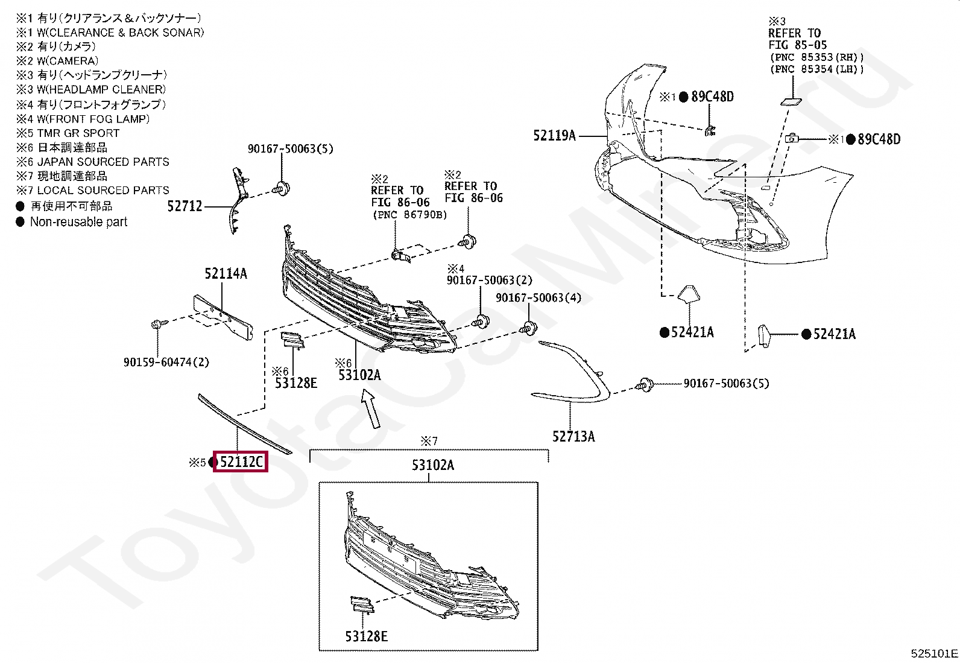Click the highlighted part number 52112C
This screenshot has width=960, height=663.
(241, 462)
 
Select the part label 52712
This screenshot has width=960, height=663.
(185, 206)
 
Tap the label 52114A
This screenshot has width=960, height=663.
(226, 274)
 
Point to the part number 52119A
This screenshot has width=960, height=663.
(554, 136)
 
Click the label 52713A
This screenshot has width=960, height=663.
(573, 436)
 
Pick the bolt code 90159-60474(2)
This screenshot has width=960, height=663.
(166, 362)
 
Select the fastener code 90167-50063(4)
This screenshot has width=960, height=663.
(538, 297)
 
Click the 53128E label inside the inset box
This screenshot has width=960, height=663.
(366, 636)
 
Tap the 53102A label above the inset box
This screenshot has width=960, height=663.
(432, 465)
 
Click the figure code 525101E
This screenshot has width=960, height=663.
(934, 653)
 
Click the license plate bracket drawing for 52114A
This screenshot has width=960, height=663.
(223, 317)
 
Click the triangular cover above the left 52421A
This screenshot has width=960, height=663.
(688, 294)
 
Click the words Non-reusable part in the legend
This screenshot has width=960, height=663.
(78, 222)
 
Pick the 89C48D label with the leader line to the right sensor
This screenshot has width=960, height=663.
(879, 139)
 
